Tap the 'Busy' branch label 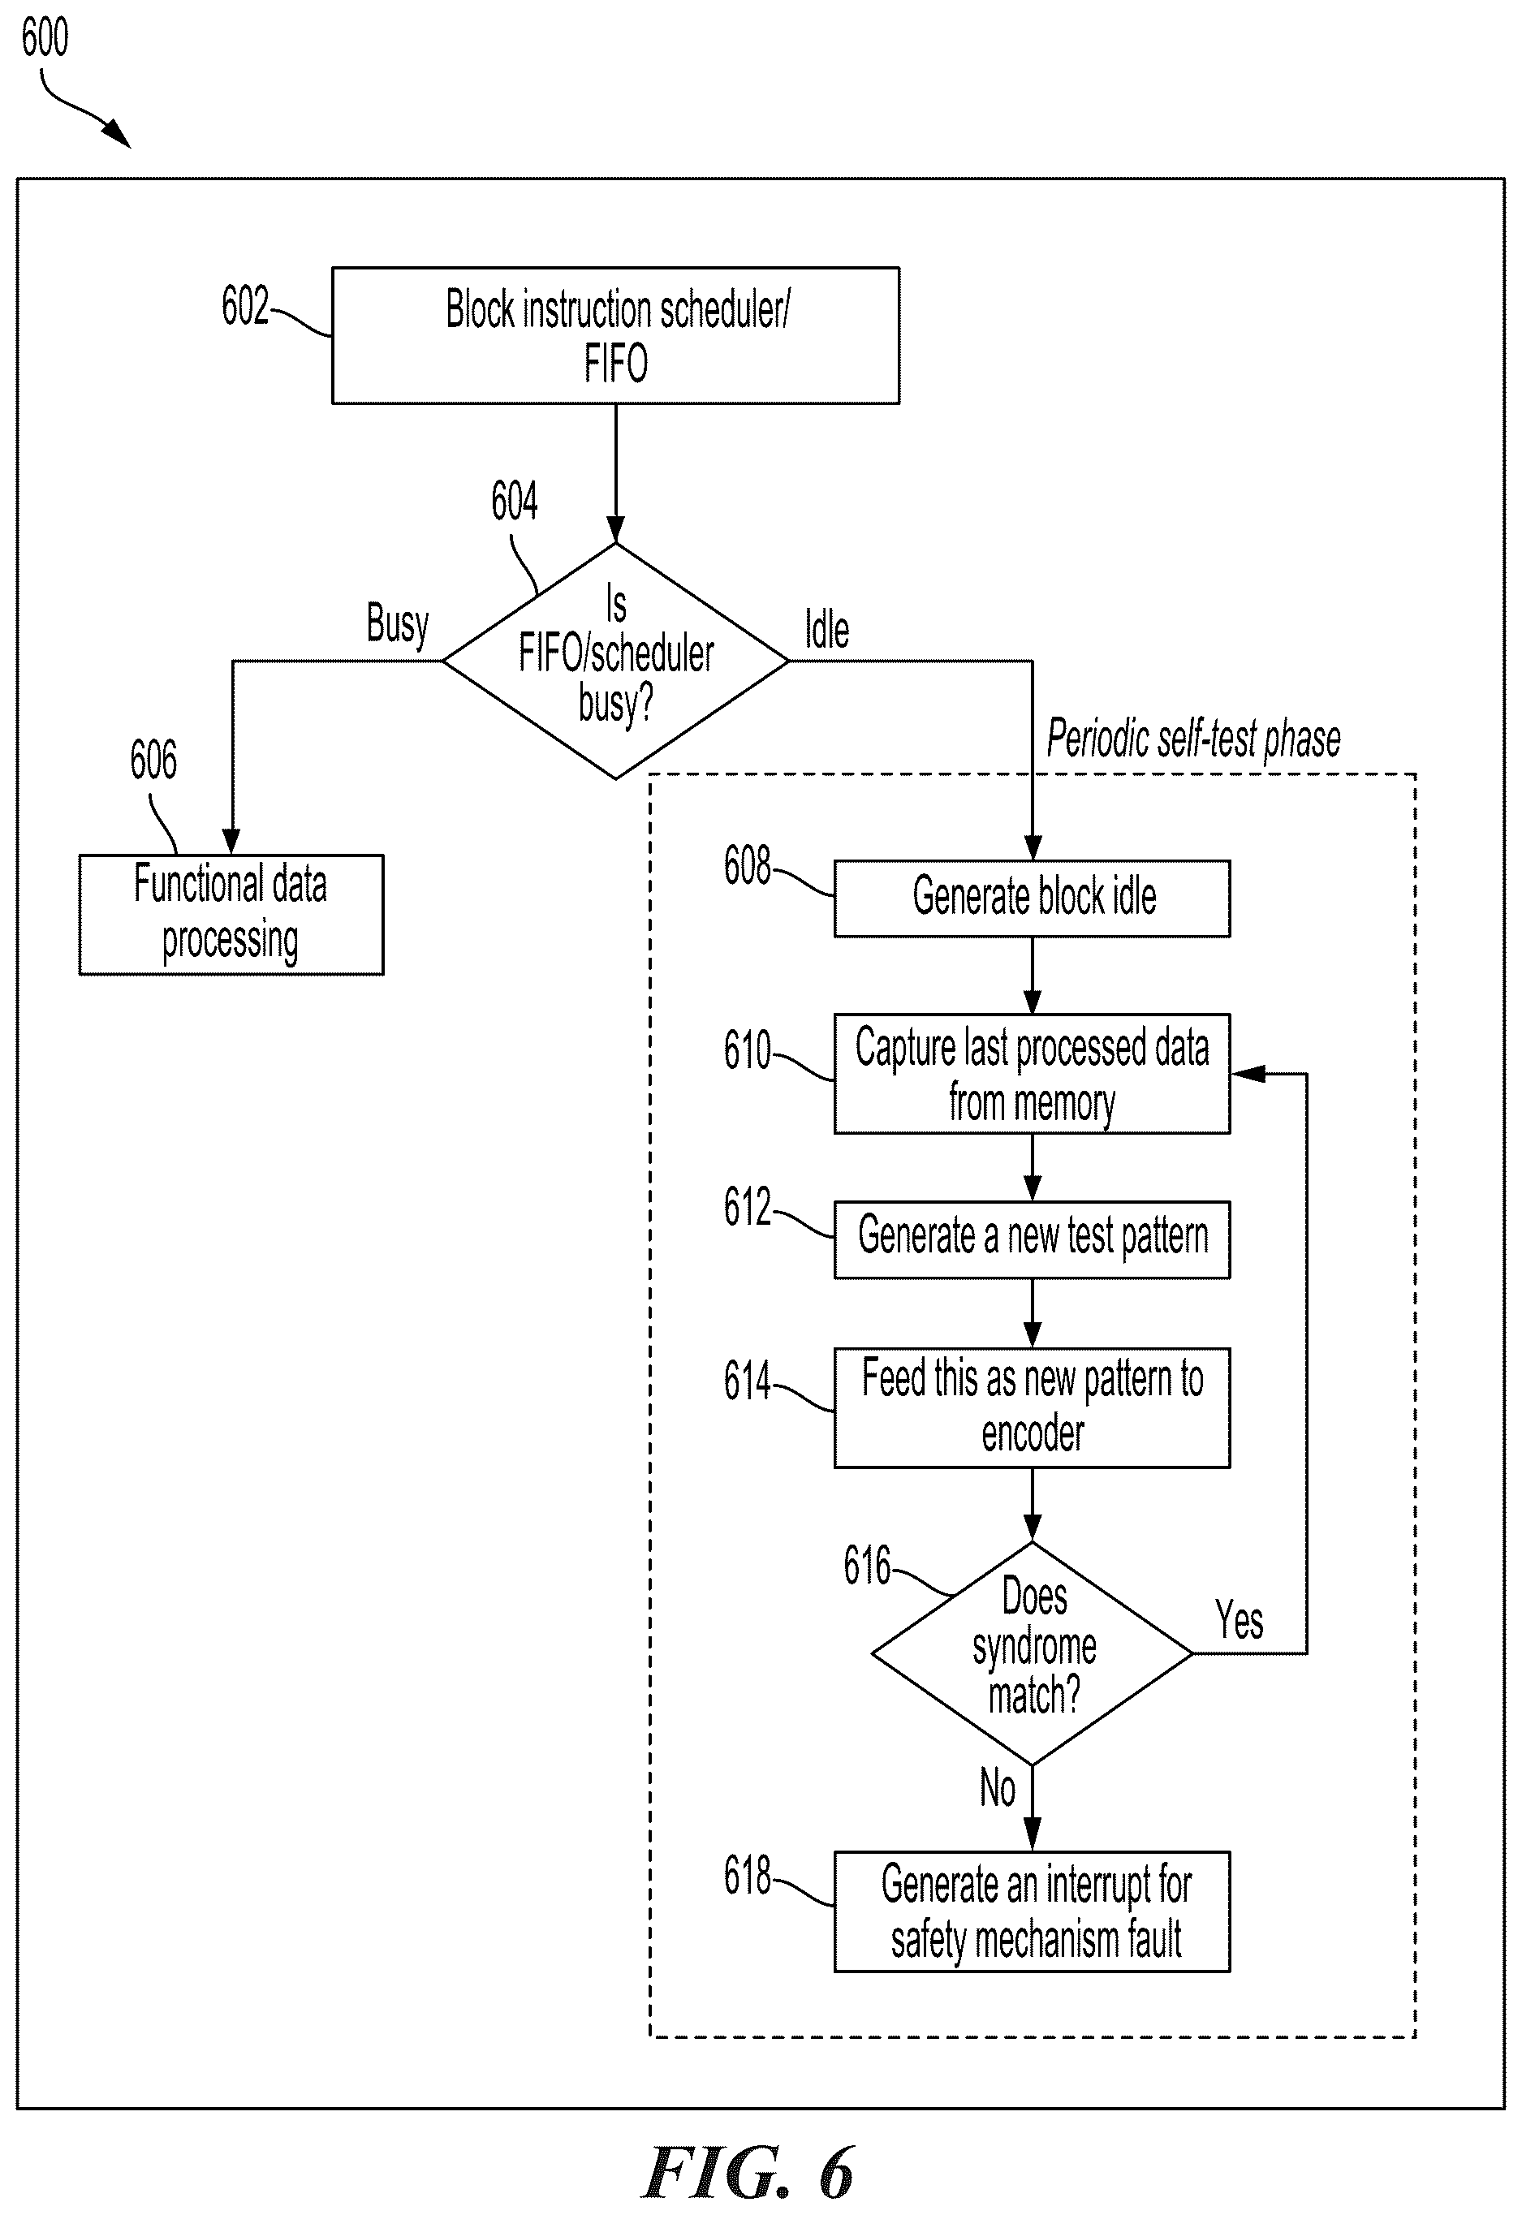point(398,624)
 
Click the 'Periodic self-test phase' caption point(1193,739)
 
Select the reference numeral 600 point(45,38)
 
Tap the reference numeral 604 point(514,501)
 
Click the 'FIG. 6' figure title point(748,2173)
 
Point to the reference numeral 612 point(747,1206)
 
